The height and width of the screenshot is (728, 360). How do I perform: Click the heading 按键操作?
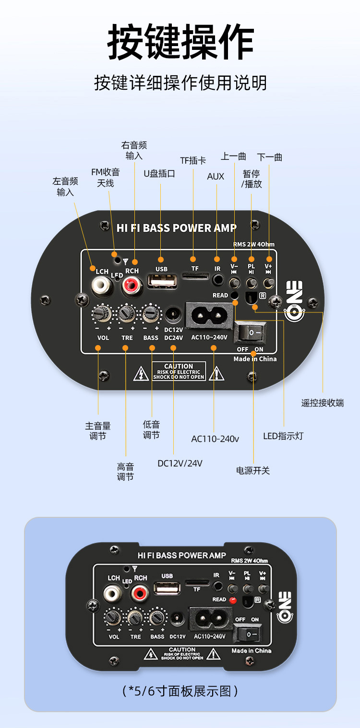180,42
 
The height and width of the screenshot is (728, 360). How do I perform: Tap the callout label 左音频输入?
65,187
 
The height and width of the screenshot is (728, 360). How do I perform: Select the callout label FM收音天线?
106,178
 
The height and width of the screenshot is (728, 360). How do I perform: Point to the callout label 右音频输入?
134,150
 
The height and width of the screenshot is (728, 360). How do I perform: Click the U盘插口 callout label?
159,174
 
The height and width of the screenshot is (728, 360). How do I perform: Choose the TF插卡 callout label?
193,160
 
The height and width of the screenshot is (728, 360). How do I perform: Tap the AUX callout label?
216,177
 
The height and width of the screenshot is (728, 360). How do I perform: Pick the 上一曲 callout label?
233,156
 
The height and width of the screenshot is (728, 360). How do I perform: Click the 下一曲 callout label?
269,157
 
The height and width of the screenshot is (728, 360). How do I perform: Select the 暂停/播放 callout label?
252,179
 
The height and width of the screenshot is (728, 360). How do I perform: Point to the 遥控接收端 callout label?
323,403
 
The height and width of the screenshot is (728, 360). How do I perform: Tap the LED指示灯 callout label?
283,436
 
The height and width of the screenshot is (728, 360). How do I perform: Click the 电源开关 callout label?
253,471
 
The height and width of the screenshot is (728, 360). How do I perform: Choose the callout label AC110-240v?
215,439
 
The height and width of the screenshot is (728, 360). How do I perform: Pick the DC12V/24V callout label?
180,463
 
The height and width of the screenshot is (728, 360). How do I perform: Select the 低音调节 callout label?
151,430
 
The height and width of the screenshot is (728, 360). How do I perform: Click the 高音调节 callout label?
125,472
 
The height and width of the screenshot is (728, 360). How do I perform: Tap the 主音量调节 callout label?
98,431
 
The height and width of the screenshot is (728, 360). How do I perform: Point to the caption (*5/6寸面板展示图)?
180,692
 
